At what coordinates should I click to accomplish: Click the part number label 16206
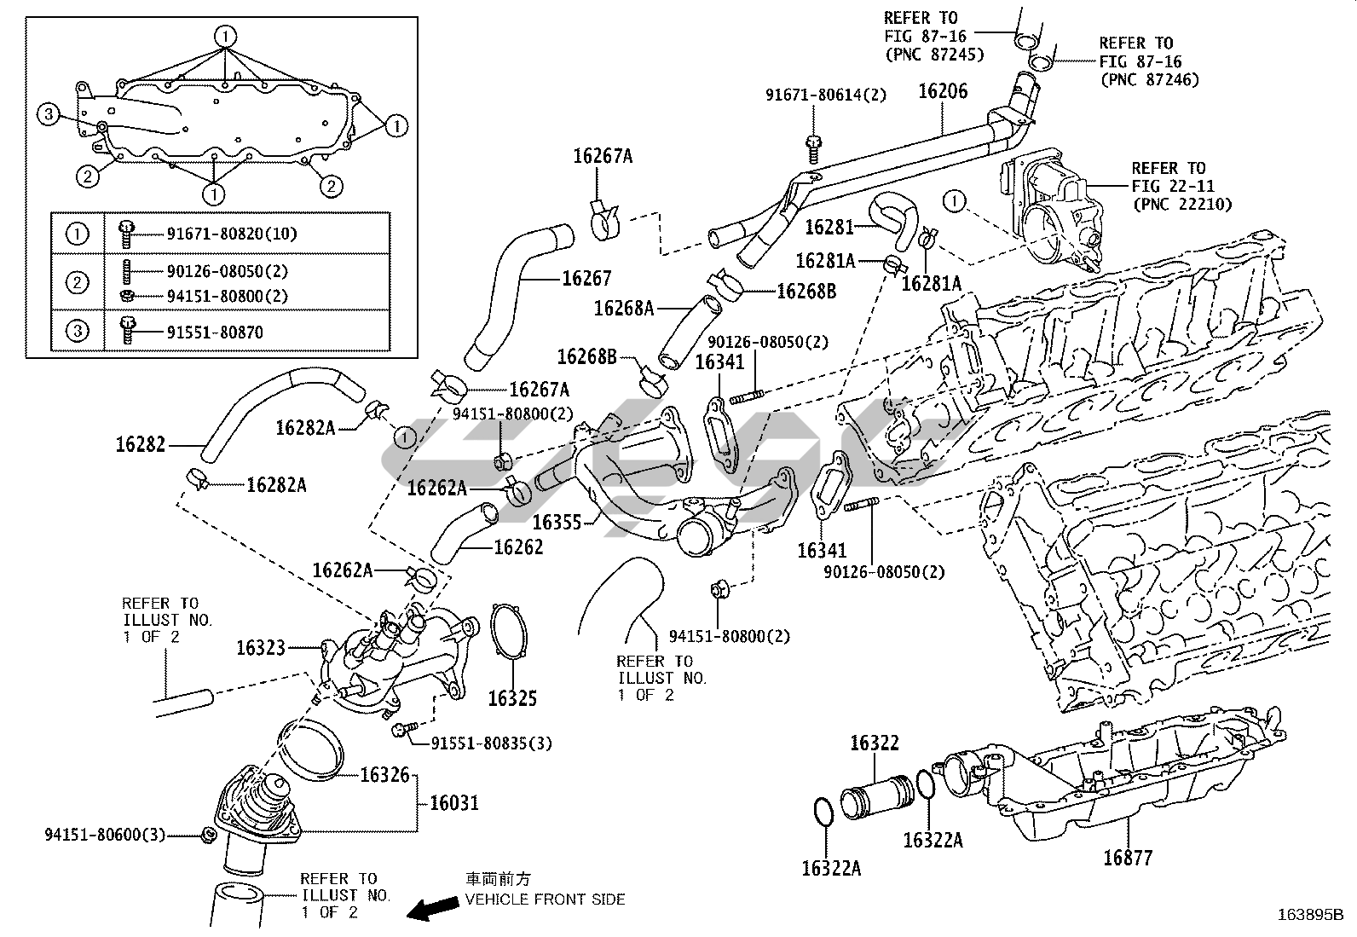pyautogui.click(x=943, y=91)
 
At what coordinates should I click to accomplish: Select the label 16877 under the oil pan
pyautogui.click(x=1128, y=857)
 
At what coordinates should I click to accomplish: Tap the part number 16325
pyautogui.click(x=512, y=698)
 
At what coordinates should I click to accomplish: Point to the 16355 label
pyautogui.click(x=557, y=521)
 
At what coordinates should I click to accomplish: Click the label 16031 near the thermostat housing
pyautogui.click(x=453, y=802)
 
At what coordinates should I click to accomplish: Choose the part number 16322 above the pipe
pyautogui.click(x=874, y=743)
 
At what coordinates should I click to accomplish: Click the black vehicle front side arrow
pyautogui.click(x=431, y=909)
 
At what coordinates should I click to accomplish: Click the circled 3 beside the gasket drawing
pyautogui.click(x=49, y=114)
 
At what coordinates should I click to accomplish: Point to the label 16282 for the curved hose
pyautogui.click(x=141, y=444)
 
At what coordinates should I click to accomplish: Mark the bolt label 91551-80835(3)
pyautogui.click(x=491, y=743)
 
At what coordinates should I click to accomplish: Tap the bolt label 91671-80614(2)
pyautogui.click(x=825, y=95)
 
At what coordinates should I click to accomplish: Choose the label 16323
pyautogui.click(x=261, y=648)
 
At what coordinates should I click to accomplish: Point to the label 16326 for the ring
pyautogui.click(x=384, y=775)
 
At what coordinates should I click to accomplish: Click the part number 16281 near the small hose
pyautogui.click(x=829, y=228)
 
